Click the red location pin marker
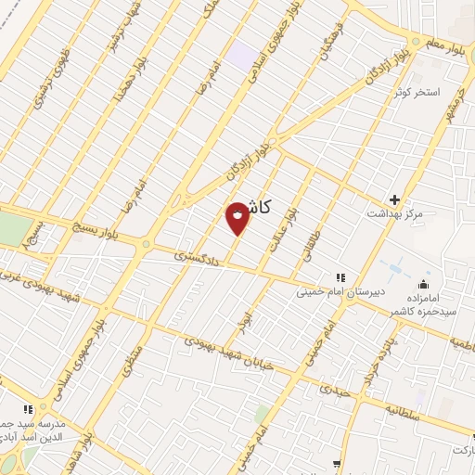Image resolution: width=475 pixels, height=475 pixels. click(237, 216)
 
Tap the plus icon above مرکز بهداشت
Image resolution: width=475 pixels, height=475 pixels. click(395, 199)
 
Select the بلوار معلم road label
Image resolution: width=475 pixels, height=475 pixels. click(445, 41)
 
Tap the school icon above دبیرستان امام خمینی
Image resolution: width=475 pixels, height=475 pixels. click(340, 276)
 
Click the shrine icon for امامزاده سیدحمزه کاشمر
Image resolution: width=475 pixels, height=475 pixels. click(425, 284)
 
